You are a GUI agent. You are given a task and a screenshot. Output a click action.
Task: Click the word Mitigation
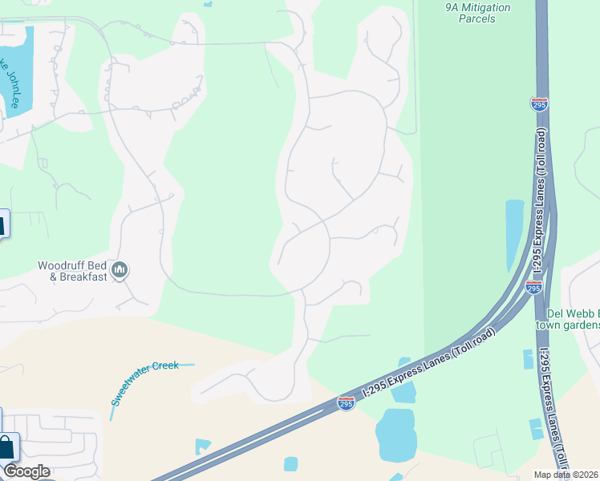[x=484, y=7]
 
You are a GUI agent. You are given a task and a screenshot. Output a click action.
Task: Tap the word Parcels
[x=476, y=18]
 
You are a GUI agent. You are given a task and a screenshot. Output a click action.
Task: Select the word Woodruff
[x=63, y=265]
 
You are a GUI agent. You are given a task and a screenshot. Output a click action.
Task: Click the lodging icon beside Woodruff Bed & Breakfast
[x=120, y=271]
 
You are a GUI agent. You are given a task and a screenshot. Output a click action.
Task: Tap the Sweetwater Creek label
[x=144, y=382]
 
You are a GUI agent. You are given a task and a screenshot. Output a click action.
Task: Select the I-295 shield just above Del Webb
[x=534, y=287]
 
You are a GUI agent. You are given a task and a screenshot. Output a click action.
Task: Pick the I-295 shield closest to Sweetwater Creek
[x=346, y=404]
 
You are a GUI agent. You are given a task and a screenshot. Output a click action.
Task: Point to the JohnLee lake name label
[x=15, y=85]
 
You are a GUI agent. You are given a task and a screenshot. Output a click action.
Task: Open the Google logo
[x=26, y=471]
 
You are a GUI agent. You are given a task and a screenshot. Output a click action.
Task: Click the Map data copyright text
[x=566, y=475]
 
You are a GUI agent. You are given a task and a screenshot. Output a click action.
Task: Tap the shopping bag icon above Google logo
[x=7, y=447]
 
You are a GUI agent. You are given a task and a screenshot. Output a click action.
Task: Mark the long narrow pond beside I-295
[x=513, y=232]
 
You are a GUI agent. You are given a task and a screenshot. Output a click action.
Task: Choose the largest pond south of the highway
[x=396, y=434]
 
